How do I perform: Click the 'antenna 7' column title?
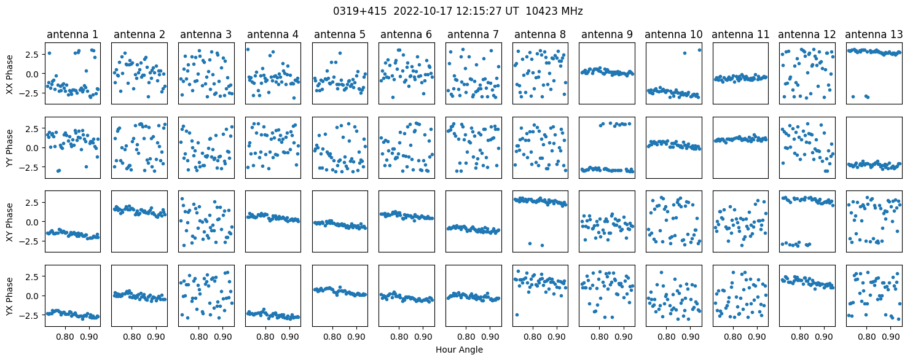click(x=473, y=35)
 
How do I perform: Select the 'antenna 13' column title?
click(x=874, y=35)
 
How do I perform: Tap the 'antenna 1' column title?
click(x=73, y=35)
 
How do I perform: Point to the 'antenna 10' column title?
click(x=673, y=35)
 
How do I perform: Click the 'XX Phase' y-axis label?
click(x=10, y=74)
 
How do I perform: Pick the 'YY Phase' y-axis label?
click(x=10, y=148)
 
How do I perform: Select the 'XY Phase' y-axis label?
click(x=10, y=222)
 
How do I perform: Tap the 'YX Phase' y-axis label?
click(x=10, y=295)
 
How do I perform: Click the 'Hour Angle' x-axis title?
click(x=459, y=350)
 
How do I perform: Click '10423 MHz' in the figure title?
click(x=554, y=12)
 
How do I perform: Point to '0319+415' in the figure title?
click(x=359, y=12)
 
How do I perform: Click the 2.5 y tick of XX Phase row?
click(x=34, y=55)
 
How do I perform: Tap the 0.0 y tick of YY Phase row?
click(x=34, y=148)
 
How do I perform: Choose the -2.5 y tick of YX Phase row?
click(x=31, y=315)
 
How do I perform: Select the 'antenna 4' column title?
click(x=273, y=35)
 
